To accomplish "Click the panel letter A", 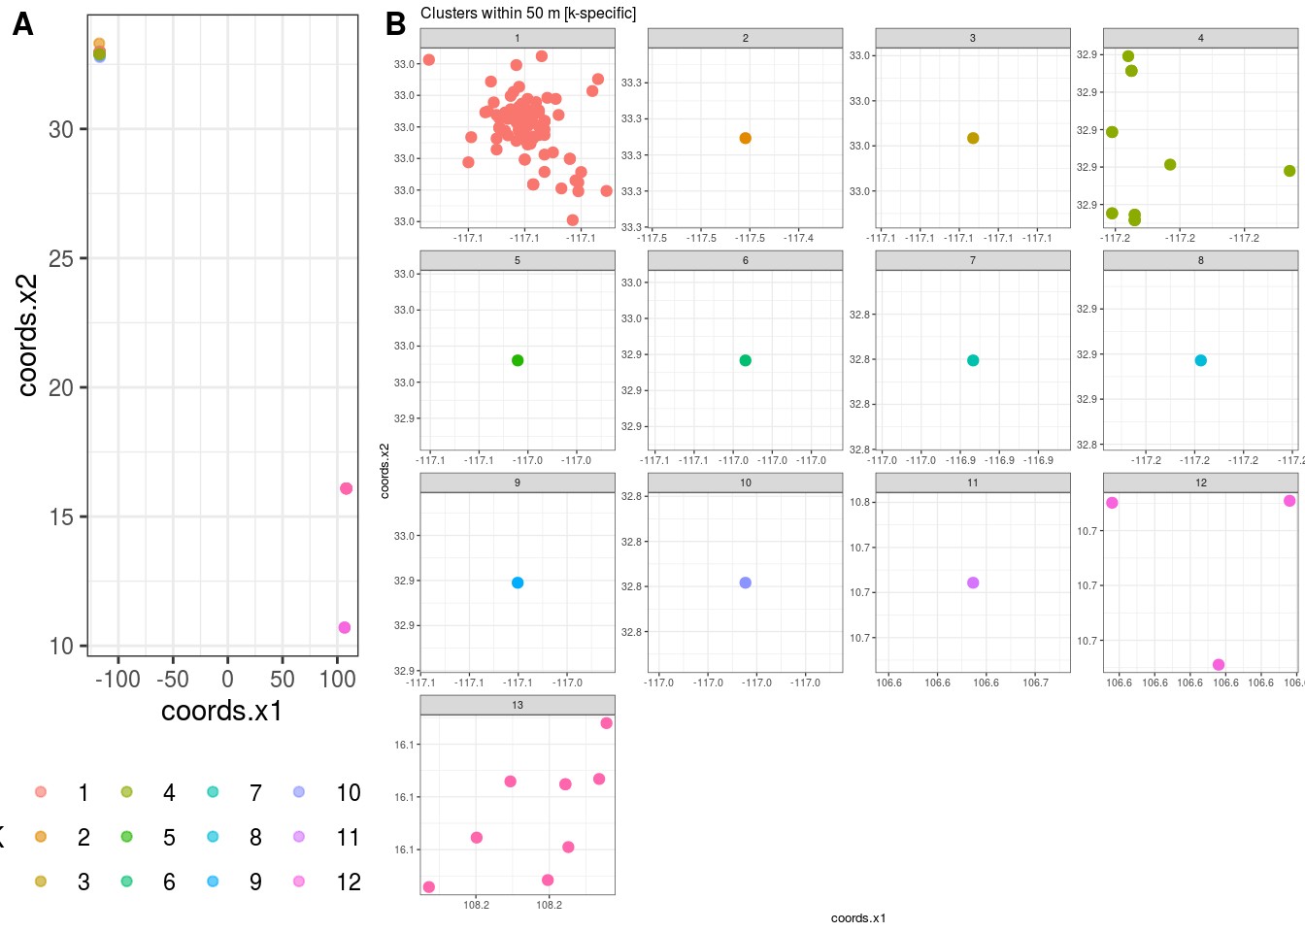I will (22, 24).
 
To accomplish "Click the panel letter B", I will (395, 24).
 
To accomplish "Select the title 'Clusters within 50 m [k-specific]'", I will (528, 14).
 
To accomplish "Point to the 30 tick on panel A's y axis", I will (61, 129).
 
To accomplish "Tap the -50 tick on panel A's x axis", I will (173, 679).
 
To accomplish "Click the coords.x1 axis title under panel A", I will (221, 712).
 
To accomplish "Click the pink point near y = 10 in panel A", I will (345, 628).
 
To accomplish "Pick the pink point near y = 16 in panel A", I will (347, 488).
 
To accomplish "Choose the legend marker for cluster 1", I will (41, 792).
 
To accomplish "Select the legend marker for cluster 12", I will (299, 882).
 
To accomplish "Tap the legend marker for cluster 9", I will (213, 882).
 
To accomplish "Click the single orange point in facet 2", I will (746, 139).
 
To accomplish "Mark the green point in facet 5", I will (518, 361).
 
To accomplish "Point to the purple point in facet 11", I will (973, 583).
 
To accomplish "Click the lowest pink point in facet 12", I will (1219, 665).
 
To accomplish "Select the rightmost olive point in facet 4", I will (1289, 171).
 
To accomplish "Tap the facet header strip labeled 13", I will (518, 706).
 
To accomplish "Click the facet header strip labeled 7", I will (973, 261).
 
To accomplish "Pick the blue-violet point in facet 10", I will (746, 583).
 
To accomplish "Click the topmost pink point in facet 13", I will (607, 723).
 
